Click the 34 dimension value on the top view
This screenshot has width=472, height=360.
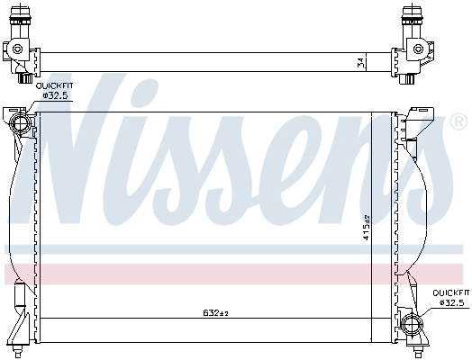pyautogui.click(x=360, y=62)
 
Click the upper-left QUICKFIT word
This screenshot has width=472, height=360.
pyautogui.click(x=54, y=85)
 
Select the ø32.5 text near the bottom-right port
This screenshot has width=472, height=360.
pyautogui.click(x=450, y=302)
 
